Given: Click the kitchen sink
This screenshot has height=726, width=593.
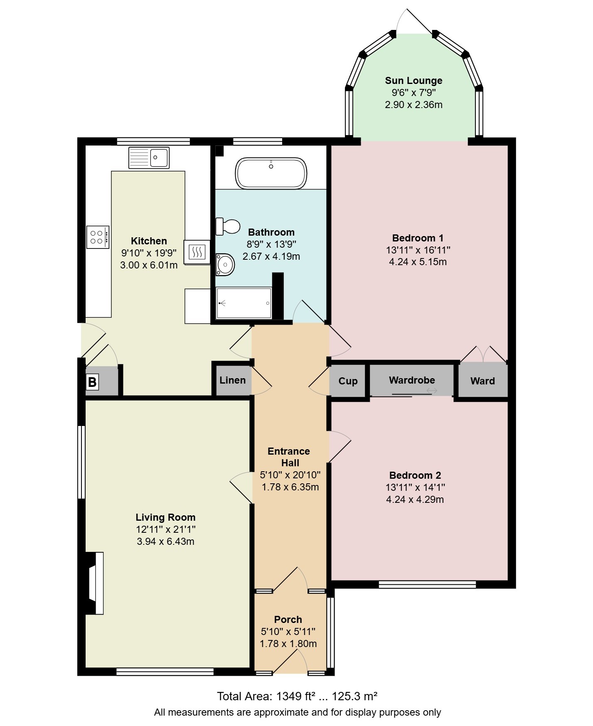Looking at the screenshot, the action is (x=149, y=158).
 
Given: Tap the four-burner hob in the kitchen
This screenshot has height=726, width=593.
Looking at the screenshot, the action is (x=98, y=237).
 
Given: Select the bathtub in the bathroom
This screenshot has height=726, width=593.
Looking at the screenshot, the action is (x=271, y=173).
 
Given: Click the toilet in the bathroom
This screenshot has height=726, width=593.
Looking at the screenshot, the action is (x=228, y=226).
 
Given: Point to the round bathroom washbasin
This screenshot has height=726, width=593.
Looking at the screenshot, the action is (x=225, y=264).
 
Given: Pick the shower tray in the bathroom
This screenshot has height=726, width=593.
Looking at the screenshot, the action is (x=244, y=303).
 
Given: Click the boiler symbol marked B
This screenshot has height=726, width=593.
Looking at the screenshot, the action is (x=92, y=381).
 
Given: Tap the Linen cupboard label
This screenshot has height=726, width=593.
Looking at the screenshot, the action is (x=232, y=380).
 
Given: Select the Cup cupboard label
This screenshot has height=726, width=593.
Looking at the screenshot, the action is (x=348, y=381).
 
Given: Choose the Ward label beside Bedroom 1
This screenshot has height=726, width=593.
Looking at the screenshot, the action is (x=482, y=381).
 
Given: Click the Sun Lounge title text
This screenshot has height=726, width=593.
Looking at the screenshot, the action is (x=413, y=81).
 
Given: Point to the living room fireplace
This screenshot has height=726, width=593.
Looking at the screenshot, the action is (x=94, y=583).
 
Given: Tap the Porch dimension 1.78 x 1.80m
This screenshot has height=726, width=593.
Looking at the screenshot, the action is (x=288, y=644).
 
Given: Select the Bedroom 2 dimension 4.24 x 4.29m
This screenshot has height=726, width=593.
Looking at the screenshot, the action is (x=415, y=499).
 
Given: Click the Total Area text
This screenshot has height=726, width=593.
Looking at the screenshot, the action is (x=297, y=696).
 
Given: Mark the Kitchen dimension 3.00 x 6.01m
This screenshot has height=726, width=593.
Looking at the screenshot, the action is (x=149, y=265).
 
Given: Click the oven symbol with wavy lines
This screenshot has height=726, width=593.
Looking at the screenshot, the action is (x=197, y=252).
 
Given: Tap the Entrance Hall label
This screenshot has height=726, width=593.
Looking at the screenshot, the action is (x=289, y=457).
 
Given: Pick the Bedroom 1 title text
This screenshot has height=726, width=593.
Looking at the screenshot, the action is (x=418, y=238).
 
